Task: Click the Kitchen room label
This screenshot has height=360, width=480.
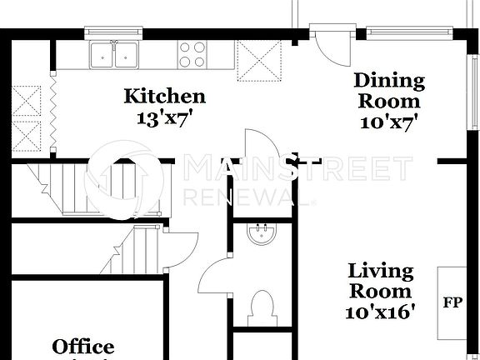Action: pyautogui.click(x=164, y=97)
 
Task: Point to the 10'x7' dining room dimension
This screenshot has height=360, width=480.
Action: pyautogui.click(x=389, y=121)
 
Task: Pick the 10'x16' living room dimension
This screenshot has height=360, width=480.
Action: pyautogui.click(x=380, y=312)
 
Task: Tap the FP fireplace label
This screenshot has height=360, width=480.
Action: pyautogui.click(x=452, y=302)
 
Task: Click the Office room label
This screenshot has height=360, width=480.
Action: pyautogui.click(x=83, y=347)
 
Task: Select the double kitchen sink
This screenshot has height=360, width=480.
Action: pyautogui.click(x=115, y=55)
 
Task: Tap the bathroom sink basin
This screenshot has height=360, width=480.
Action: pyautogui.click(x=262, y=236)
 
